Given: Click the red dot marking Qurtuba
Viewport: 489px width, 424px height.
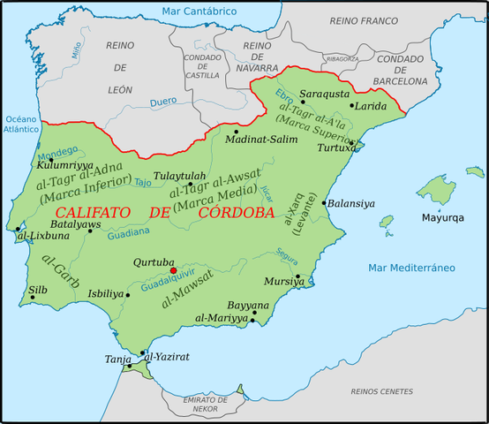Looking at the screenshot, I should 174,271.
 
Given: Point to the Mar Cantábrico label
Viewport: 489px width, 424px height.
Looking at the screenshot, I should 199,11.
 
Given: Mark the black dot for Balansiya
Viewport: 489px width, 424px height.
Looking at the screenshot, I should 325,203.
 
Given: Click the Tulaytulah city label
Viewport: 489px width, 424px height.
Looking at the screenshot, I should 179,176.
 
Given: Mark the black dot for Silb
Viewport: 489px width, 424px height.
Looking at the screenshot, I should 33,298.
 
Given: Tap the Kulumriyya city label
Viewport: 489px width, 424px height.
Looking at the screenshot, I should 65,164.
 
